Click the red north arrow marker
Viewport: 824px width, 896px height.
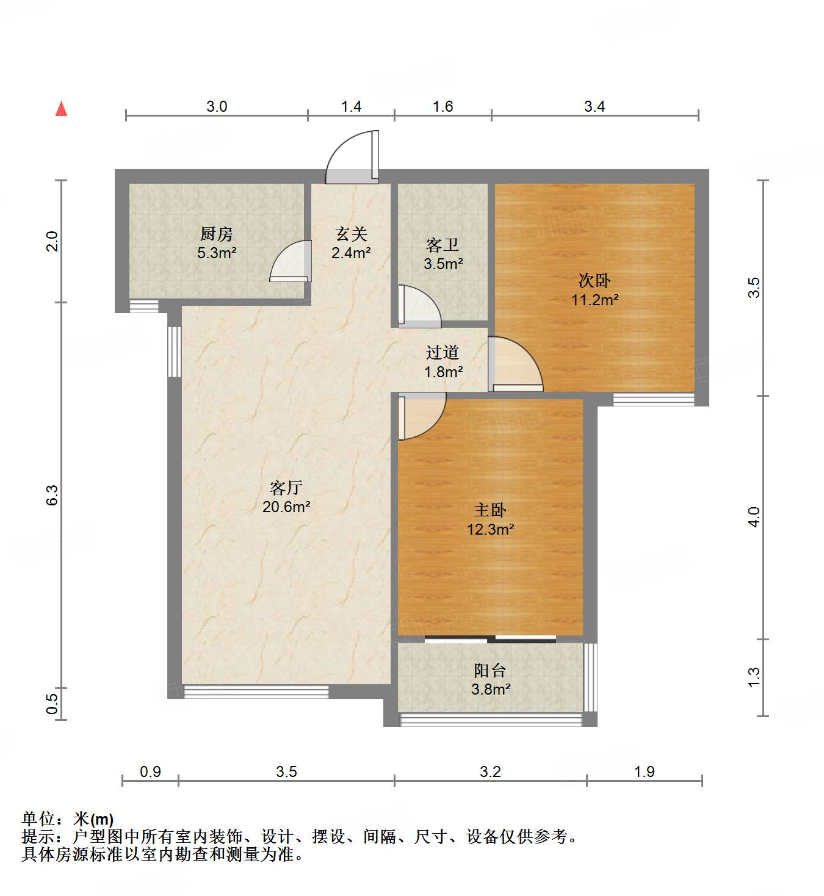[x=61, y=109]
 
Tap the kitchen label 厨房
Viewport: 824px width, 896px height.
[x=217, y=234]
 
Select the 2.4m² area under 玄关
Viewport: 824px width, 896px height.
[x=351, y=253]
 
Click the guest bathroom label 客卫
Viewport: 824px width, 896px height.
[x=443, y=245]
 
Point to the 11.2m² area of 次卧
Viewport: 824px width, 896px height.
[x=595, y=300]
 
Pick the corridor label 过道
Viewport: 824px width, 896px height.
[x=443, y=352]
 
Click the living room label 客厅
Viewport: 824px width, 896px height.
[x=286, y=488]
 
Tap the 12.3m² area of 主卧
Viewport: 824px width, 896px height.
[x=490, y=529]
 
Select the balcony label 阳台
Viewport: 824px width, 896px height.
[x=490, y=671]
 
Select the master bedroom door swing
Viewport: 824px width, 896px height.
[x=421, y=416]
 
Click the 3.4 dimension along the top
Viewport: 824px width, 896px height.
[x=595, y=107]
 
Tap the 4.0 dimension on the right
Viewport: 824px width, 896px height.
[x=754, y=517]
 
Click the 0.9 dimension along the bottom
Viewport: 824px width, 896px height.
[x=150, y=771]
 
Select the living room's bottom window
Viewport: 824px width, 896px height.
[x=256, y=692]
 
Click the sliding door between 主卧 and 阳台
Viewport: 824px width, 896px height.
[x=490, y=639]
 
